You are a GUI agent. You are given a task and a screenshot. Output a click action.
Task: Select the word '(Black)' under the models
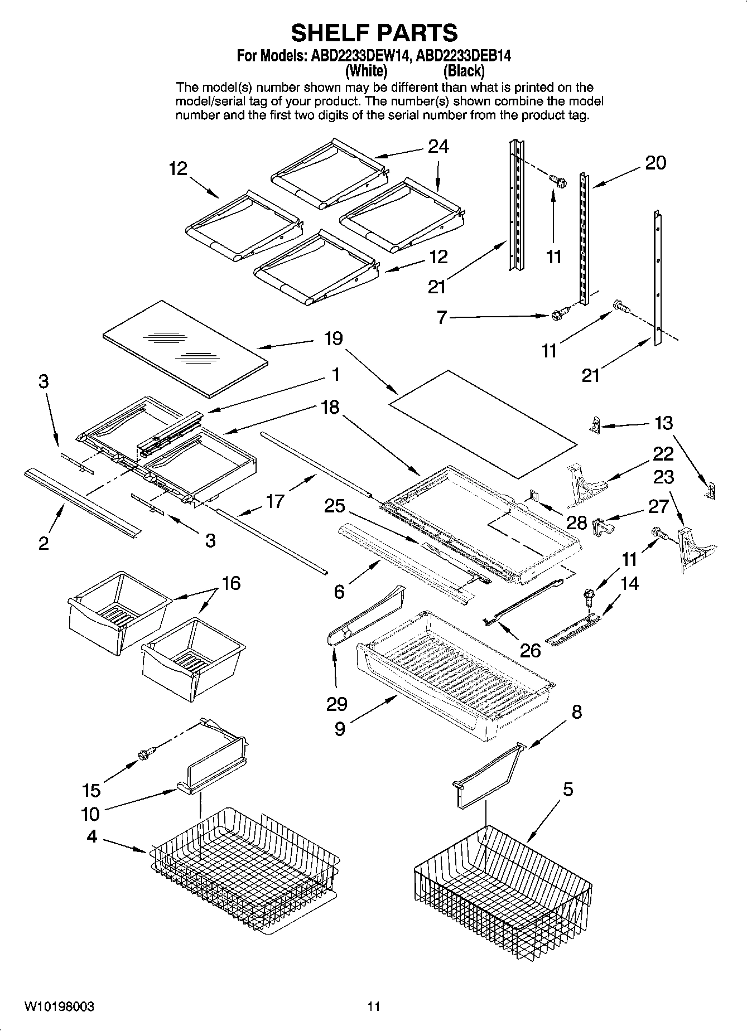point(464,71)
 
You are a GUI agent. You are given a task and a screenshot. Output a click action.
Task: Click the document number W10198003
point(59,1006)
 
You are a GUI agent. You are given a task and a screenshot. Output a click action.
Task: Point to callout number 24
point(438,147)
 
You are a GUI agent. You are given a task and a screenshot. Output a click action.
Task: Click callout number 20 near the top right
point(656,163)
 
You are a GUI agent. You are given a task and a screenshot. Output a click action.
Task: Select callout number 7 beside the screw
point(441,318)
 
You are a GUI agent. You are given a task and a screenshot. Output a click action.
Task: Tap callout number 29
point(337,704)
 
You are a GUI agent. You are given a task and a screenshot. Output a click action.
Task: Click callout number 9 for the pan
point(340,729)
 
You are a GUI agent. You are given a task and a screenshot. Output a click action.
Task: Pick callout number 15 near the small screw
point(91,790)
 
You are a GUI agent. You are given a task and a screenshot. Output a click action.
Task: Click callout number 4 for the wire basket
point(91,836)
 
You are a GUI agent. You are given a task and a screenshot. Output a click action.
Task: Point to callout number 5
point(567,790)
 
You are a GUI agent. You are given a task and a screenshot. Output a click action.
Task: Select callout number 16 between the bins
point(231,583)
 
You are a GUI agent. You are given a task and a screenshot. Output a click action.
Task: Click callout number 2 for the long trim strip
point(44,543)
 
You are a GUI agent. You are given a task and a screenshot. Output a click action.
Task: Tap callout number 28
point(577,522)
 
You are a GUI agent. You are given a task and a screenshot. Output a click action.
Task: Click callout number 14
point(629,583)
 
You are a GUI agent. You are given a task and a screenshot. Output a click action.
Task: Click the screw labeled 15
point(146,754)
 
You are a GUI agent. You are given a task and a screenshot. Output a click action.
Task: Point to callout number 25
point(335,506)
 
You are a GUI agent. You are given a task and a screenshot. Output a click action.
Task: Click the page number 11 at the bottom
point(374,1006)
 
